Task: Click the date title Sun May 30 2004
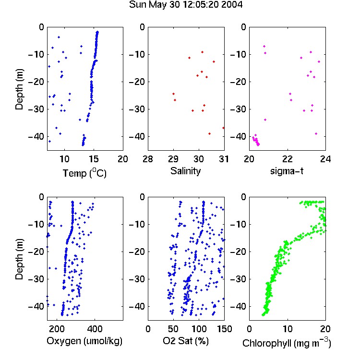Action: pos(185,5)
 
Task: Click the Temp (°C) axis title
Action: pos(84,173)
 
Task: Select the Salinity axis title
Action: pos(185,171)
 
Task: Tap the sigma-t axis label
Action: pos(287,171)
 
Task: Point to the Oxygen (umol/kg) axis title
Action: pos(84,341)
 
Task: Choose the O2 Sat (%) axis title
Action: pos(186,341)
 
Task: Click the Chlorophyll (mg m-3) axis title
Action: pos(287,343)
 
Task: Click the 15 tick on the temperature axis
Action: pos(94,159)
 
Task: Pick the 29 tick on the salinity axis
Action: pos(173,159)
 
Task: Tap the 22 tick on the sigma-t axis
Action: pos(287,159)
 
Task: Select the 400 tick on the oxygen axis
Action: pos(95,329)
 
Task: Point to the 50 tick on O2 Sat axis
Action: pos(173,329)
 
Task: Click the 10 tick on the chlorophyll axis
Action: pos(287,329)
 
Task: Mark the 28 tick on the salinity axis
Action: pos(148,159)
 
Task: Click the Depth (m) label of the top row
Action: pos(19,89)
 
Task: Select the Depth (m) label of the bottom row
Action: pos(19,259)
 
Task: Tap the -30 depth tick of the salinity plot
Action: pos(136,109)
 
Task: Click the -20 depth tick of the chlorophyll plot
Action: pos(238,252)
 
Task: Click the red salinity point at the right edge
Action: pos(223,128)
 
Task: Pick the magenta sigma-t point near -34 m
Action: pos(265,120)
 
